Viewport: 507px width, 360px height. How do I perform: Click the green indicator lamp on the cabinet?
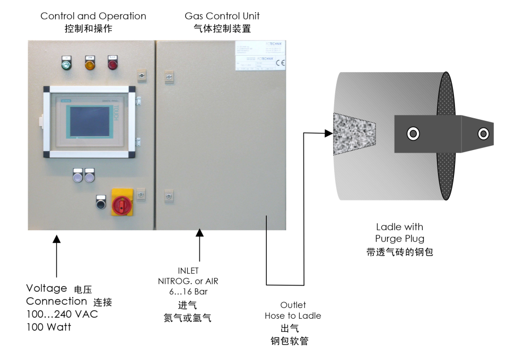(x=67, y=64)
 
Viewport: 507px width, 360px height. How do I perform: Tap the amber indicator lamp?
(x=90, y=64)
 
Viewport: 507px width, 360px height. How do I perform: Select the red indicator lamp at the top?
(x=112, y=64)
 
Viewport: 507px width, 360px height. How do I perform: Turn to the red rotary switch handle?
(x=121, y=203)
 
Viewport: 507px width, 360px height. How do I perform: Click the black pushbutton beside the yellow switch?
(x=101, y=202)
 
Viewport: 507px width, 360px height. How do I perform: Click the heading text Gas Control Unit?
(x=222, y=16)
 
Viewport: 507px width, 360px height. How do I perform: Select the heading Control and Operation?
(x=93, y=16)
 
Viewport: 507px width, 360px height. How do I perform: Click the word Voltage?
(x=47, y=288)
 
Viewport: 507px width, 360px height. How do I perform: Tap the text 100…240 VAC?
(x=62, y=314)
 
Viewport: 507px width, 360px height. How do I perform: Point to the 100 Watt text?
(x=49, y=327)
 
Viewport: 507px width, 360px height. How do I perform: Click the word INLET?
(x=188, y=271)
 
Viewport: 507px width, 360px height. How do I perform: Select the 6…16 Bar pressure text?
(x=188, y=292)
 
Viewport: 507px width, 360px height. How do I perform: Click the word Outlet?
(x=293, y=305)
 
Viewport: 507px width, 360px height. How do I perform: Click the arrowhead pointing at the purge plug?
(x=327, y=134)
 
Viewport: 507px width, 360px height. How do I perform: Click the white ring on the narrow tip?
(x=483, y=134)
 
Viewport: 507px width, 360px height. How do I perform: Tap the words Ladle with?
(x=399, y=227)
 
